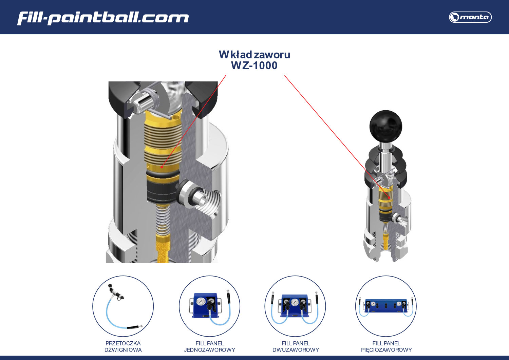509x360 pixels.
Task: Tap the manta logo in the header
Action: point(470,17)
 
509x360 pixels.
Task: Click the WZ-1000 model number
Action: point(254,65)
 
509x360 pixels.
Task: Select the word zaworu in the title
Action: point(272,55)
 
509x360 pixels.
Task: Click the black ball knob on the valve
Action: point(385,126)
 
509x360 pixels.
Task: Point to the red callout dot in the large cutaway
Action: point(162,167)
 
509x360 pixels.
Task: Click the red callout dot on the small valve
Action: point(389,197)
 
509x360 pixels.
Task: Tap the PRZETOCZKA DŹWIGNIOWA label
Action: point(123,346)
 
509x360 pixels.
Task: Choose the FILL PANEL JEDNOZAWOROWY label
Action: point(209,346)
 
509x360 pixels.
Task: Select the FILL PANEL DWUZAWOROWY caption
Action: point(296,346)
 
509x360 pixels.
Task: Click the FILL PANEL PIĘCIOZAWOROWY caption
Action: point(386,346)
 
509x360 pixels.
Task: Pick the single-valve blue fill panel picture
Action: point(209,306)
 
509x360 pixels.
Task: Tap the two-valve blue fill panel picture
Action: point(295,306)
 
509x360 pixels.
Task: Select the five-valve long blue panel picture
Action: point(386,306)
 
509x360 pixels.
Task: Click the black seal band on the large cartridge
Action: point(162,192)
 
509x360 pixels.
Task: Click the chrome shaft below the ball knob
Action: point(385,154)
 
